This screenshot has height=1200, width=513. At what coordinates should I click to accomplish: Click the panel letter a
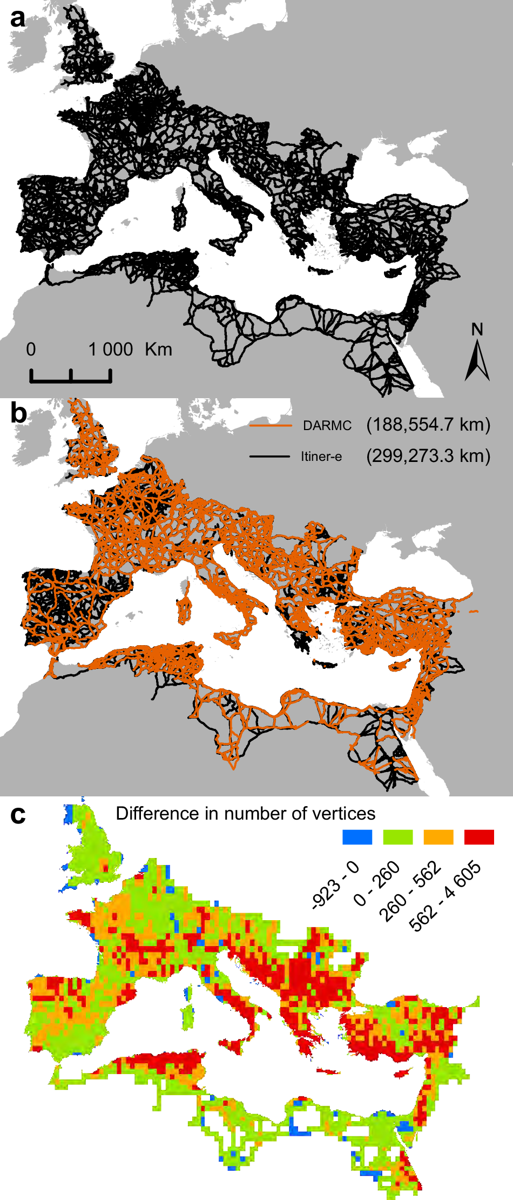click(x=18, y=18)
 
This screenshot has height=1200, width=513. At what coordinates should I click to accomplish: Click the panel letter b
click(x=18, y=413)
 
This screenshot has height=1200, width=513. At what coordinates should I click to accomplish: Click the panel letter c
click(x=18, y=814)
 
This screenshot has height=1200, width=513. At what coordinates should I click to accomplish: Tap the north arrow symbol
click(x=477, y=362)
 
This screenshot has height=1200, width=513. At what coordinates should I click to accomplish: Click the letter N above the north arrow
click(x=477, y=329)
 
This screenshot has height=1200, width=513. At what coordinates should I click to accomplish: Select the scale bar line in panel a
click(x=71, y=380)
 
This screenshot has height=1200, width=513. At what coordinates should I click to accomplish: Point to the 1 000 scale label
click(x=111, y=350)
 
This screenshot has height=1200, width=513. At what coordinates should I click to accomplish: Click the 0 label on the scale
click(x=31, y=350)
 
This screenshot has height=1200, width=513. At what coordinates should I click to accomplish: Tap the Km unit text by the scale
click(x=158, y=350)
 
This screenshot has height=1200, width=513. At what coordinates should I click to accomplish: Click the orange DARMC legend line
click(x=271, y=426)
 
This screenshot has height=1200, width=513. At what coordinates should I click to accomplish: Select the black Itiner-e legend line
click(x=269, y=457)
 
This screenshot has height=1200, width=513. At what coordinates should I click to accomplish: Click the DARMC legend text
click(x=327, y=426)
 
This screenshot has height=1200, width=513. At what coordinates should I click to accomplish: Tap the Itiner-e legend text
click(x=321, y=457)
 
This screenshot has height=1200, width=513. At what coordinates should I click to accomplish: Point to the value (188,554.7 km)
click(x=428, y=425)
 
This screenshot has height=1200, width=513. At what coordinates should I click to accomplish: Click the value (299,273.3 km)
click(x=428, y=456)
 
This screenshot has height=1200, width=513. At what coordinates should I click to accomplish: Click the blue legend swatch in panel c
click(x=357, y=837)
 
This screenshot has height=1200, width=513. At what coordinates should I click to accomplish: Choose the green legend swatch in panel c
click(x=398, y=837)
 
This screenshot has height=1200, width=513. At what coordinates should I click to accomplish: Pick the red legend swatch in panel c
click(x=479, y=837)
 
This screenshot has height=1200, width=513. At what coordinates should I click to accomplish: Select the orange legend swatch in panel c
click(x=438, y=837)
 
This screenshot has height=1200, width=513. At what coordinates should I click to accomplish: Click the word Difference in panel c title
click(x=150, y=814)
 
